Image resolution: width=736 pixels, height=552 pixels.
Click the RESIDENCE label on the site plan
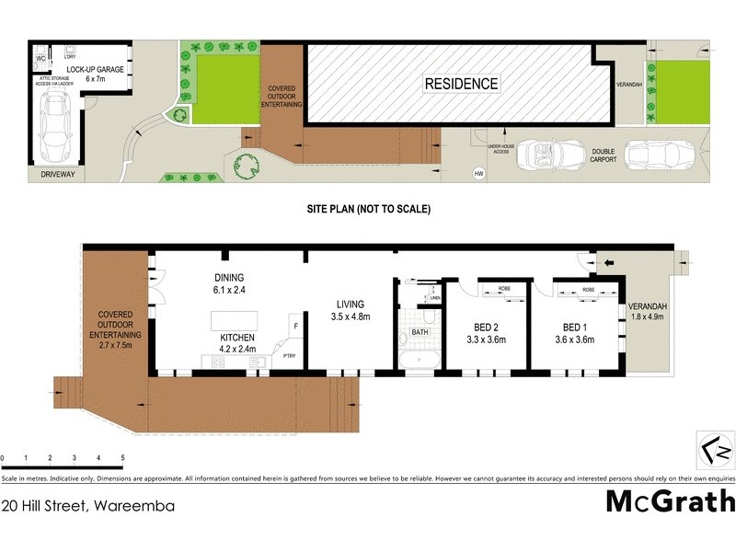461,84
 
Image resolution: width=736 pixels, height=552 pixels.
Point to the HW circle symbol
477,173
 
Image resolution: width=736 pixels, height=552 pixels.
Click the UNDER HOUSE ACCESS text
500,148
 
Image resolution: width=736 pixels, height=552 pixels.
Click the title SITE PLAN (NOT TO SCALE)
368,210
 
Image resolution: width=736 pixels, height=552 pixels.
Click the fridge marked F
295,326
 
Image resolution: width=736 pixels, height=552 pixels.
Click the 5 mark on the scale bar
122,458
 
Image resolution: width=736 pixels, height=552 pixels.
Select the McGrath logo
670,501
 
